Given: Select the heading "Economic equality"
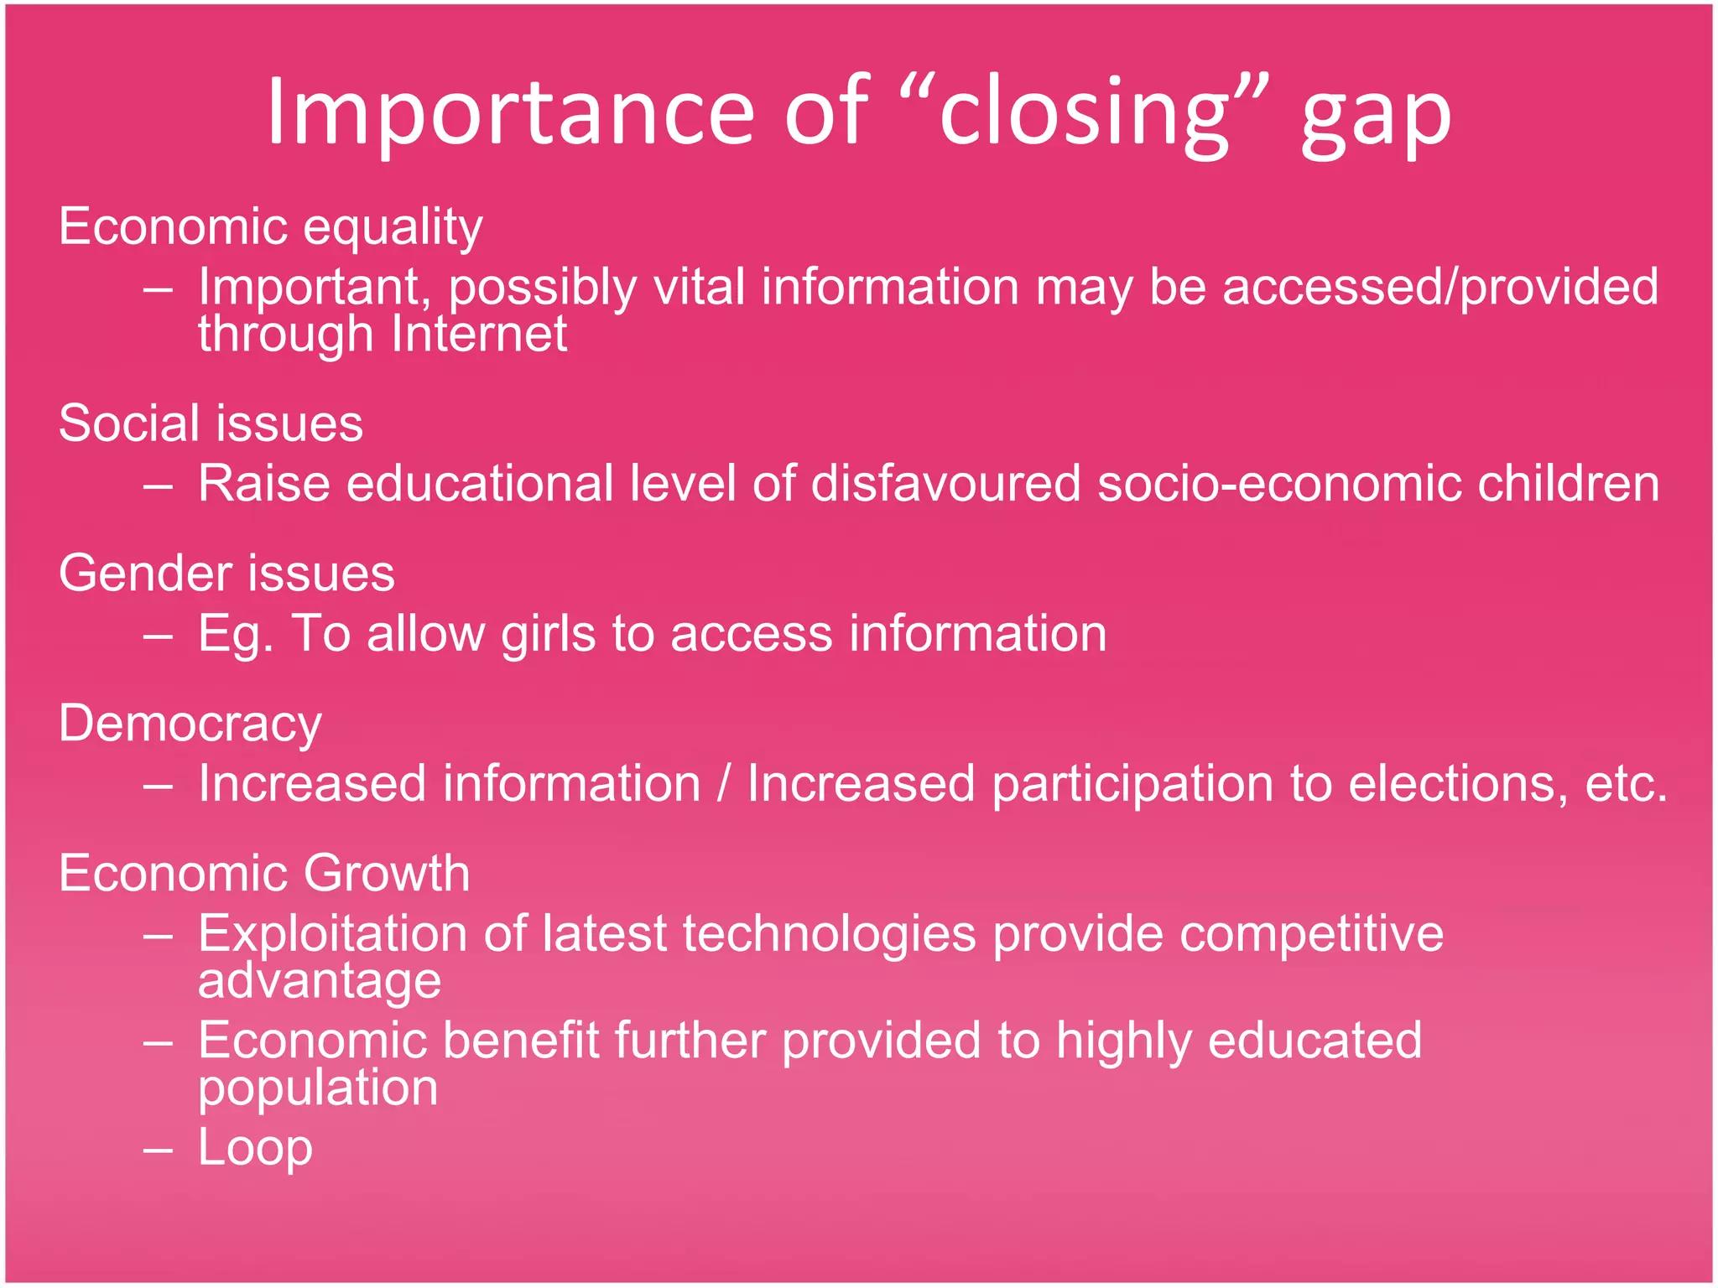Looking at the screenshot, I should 270,227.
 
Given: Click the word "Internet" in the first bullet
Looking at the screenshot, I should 479,334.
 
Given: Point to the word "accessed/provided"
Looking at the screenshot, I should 1439,288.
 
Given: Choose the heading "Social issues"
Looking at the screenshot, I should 211,423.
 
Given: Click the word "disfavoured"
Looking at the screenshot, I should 945,484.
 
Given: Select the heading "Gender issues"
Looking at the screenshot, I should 226,574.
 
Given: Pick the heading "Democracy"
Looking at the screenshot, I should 190,724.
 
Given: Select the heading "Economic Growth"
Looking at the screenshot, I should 264,874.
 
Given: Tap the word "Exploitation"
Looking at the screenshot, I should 332,934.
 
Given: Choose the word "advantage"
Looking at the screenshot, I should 319,982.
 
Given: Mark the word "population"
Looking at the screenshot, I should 318,1088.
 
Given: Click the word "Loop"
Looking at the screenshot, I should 255,1148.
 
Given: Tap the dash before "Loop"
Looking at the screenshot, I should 158,1150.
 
